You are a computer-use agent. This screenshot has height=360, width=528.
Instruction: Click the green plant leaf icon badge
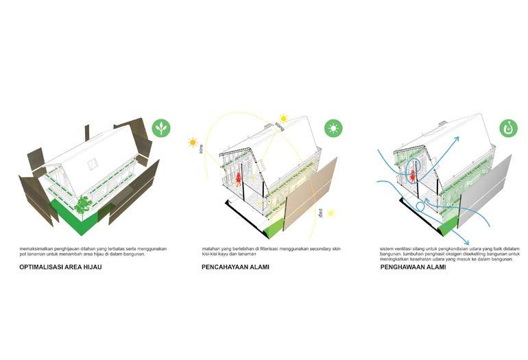[x=162, y=128]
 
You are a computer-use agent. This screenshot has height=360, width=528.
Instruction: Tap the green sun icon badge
[x=334, y=128]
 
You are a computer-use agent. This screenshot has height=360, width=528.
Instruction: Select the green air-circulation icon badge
[x=508, y=128]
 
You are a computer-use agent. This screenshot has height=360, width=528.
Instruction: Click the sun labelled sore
[x=193, y=143]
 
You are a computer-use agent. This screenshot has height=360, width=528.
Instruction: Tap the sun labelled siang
[x=283, y=119]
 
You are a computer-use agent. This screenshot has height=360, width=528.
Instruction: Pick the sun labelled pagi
[x=330, y=213]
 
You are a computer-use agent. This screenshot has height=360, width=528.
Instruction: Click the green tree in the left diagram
[x=83, y=204]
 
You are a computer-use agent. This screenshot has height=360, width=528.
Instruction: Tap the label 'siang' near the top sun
[x=280, y=126]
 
